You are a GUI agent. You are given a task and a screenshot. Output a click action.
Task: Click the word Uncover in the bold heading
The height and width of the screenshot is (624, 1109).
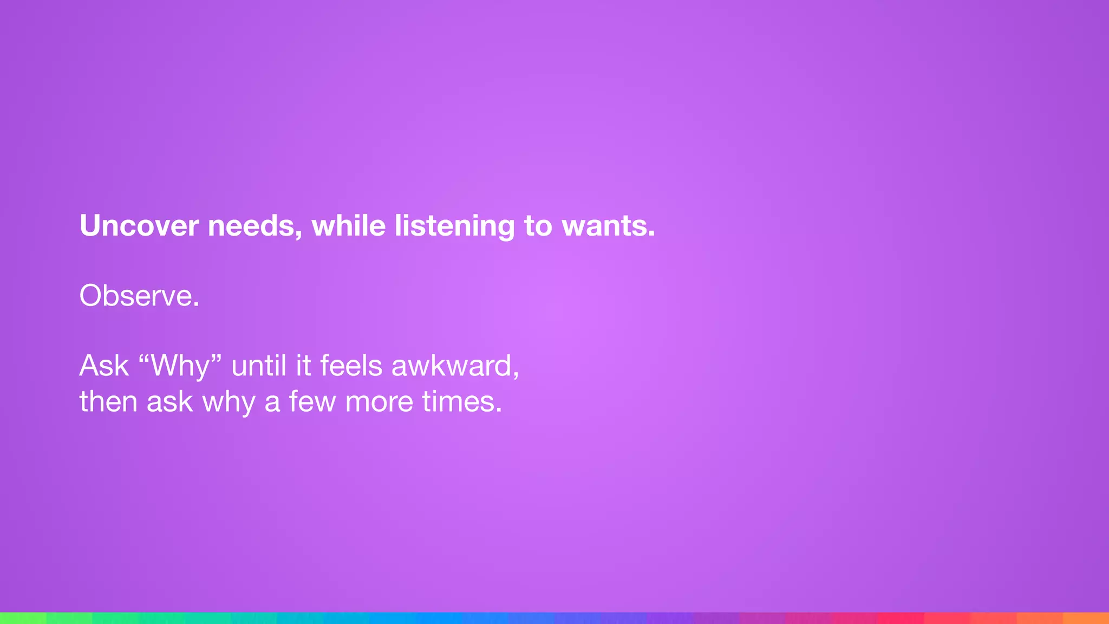click(x=139, y=226)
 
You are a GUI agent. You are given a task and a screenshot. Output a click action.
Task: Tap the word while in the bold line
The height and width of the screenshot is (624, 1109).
click(x=348, y=226)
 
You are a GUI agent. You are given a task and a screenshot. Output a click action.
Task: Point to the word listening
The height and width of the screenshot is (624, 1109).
click(x=454, y=227)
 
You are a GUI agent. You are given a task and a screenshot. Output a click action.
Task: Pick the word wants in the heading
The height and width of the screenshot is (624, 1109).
click(x=608, y=226)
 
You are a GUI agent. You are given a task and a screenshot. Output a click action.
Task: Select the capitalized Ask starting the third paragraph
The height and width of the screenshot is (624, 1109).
click(x=104, y=366)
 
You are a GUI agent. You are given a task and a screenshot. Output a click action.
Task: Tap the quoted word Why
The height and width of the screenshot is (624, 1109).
click(x=180, y=366)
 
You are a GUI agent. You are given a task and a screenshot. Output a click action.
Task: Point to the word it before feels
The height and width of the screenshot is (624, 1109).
click(x=303, y=366)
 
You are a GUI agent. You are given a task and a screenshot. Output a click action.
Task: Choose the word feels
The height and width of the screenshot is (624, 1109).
click(x=351, y=366)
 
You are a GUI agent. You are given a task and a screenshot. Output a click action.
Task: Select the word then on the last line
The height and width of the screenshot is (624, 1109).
click(x=108, y=401)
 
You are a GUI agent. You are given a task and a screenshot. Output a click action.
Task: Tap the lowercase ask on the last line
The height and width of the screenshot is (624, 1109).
click(x=169, y=401)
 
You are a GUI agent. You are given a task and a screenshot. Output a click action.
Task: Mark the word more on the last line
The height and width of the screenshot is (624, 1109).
click(x=379, y=401)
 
